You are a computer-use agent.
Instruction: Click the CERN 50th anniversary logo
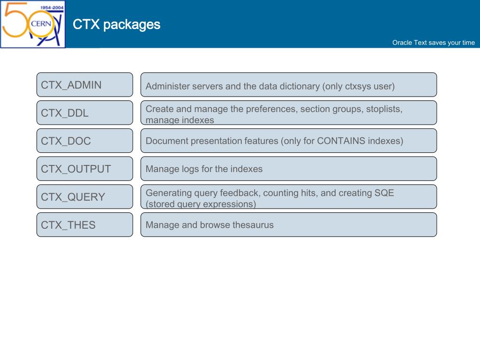point(33,24)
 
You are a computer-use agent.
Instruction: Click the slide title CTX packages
point(117,24)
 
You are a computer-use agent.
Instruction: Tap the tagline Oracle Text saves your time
point(433,43)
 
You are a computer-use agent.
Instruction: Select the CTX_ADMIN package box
point(85,85)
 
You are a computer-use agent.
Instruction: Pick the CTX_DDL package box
point(85,113)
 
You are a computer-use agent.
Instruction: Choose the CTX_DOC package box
point(85,141)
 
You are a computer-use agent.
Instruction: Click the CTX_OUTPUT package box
point(85,169)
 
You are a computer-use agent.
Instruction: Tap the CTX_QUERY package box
point(85,197)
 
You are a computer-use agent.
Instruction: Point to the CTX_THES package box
point(85,225)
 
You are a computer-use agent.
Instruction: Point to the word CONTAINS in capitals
point(341,141)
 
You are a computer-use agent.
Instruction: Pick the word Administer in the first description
point(167,87)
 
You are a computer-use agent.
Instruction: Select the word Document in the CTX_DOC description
point(167,141)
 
